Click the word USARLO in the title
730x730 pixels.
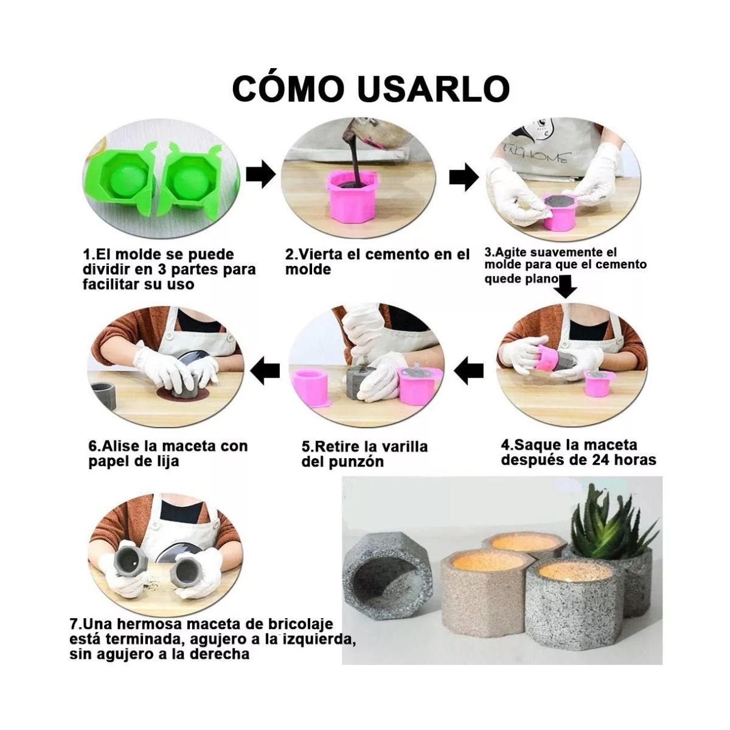pyautogui.click(x=433, y=89)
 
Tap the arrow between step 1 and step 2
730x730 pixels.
pyautogui.click(x=260, y=176)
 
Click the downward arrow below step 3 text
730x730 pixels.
pyautogui.click(x=566, y=285)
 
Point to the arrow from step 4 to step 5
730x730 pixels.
pyautogui.click(x=470, y=370)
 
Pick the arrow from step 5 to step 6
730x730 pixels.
pyautogui.click(x=266, y=370)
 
